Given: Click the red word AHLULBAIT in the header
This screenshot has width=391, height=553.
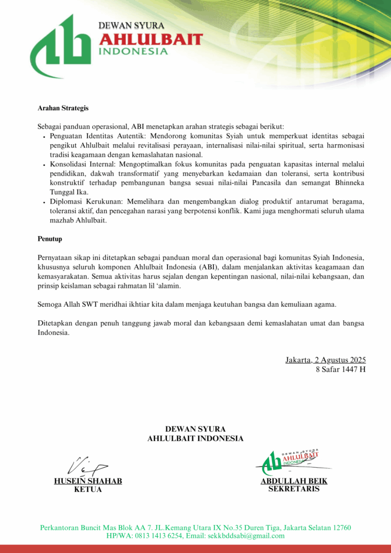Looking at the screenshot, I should tap(151, 39).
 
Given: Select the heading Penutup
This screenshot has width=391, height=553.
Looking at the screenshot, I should tap(50, 238).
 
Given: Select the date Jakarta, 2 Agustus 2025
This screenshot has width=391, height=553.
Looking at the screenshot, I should tap(326, 360).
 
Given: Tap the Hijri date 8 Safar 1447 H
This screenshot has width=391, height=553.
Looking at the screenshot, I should tap(341, 369).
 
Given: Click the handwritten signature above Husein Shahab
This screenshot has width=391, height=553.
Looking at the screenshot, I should tap(86, 464).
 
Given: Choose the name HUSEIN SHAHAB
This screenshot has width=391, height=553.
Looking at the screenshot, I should tap(88, 481).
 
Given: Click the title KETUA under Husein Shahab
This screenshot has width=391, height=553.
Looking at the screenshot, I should tap(88, 490).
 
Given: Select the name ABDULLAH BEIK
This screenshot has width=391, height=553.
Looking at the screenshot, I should tap(294, 481).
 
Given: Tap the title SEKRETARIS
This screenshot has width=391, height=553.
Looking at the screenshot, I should tap(294, 489).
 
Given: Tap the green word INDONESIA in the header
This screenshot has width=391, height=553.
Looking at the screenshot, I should tap(133, 52).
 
